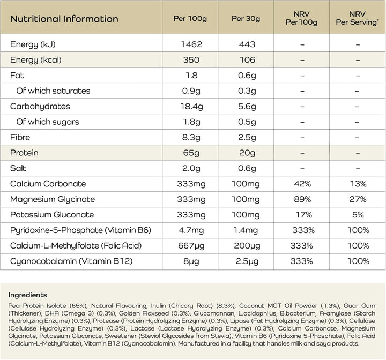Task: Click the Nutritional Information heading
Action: point(64,19)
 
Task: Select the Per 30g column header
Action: point(246,19)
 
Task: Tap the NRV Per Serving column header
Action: point(357,19)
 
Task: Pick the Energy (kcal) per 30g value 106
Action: point(246,60)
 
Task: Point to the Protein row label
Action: point(24,153)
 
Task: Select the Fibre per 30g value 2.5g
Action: point(246,137)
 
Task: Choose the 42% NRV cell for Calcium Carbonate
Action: point(302,184)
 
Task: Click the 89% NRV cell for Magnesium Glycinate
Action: point(302,199)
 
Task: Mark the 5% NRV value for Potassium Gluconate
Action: point(357,215)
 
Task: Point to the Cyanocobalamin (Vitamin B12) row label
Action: point(71,261)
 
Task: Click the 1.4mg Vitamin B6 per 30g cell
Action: point(246,230)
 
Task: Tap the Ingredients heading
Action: point(27,295)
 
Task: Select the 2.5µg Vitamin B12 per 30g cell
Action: point(246,261)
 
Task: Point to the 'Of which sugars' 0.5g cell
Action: point(246,122)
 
